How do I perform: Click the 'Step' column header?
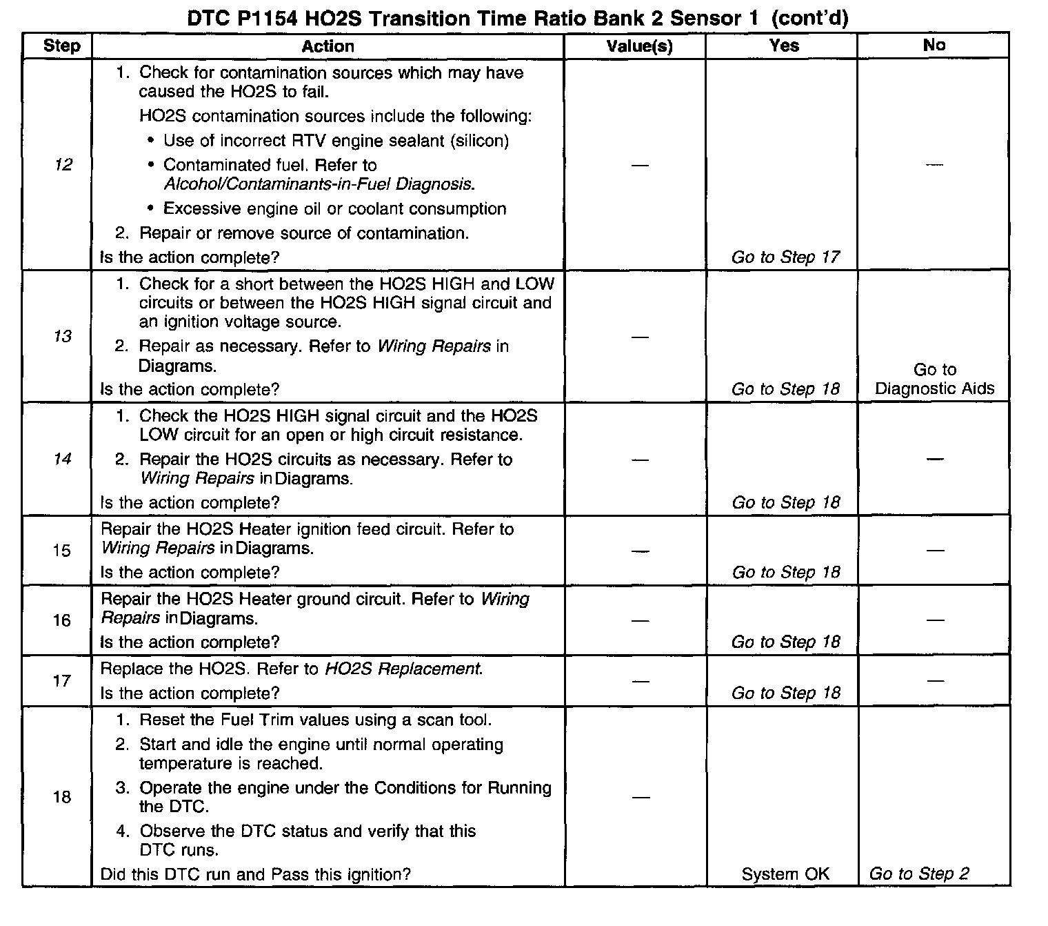61,46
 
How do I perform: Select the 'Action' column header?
327,46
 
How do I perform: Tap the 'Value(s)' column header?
639,46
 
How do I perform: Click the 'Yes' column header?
784,46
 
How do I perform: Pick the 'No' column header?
934,46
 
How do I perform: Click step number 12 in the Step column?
63,164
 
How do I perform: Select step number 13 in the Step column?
63,336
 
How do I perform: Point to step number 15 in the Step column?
62,551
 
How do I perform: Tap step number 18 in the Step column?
62,797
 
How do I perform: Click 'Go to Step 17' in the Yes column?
785,257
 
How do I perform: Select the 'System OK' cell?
785,874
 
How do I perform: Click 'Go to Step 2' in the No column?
919,874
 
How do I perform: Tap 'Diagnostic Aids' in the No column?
934,388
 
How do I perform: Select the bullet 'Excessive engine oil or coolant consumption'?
334,208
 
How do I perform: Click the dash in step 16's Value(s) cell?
640,620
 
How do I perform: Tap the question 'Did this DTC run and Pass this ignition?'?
255,874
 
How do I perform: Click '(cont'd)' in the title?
809,19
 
